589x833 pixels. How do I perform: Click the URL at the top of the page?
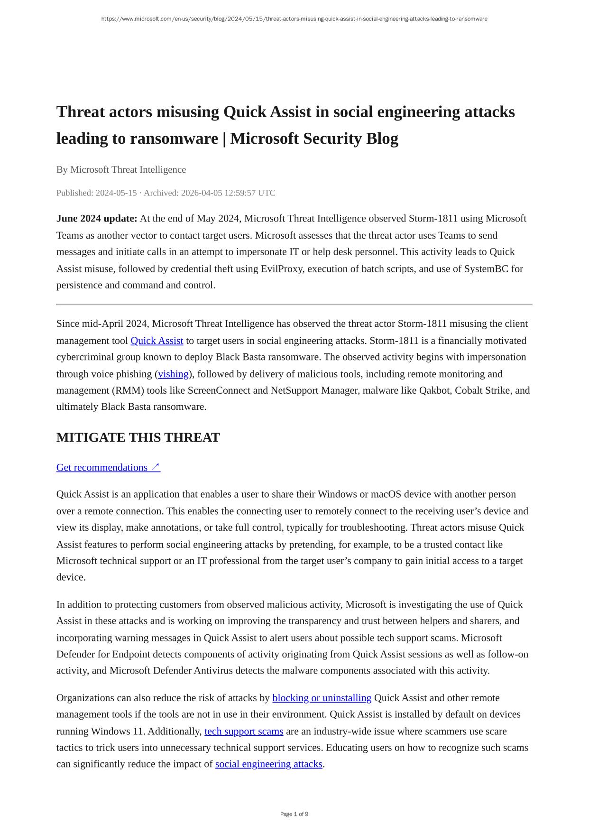click(294, 19)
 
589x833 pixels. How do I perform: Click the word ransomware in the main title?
click(174, 139)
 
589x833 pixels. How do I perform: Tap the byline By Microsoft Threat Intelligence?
click(121, 170)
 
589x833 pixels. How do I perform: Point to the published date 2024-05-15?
click(116, 193)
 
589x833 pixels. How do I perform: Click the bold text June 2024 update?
click(97, 219)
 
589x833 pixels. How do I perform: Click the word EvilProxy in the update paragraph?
click(283, 269)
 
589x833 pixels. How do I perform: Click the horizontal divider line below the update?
click(294, 304)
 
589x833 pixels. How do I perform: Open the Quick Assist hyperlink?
click(156, 341)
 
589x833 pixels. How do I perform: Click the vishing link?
click(173, 374)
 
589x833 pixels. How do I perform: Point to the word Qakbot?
click(434, 390)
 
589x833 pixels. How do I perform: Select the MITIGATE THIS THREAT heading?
click(138, 437)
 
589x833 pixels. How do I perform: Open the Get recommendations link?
click(108, 468)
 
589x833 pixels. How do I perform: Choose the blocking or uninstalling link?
click(322, 698)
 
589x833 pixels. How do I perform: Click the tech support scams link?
click(244, 731)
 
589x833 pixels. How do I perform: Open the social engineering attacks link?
click(268, 764)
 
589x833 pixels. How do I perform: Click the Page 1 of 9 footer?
click(294, 814)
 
